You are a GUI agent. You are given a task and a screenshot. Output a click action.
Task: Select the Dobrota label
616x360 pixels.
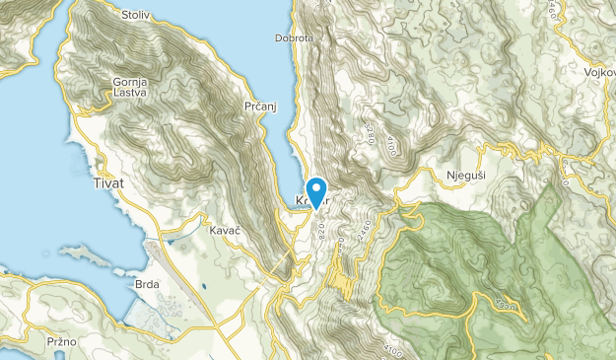click(x=294, y=39)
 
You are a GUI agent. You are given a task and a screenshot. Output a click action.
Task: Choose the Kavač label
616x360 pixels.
click(x=226, y=230)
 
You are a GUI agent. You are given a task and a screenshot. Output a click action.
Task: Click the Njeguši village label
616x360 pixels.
click(x=465, y=175)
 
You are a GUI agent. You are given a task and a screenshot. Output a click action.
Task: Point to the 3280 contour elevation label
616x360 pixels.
click(x=370, y=132)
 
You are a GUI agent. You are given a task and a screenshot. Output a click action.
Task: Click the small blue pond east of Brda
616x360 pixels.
click(x=202, y=288)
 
